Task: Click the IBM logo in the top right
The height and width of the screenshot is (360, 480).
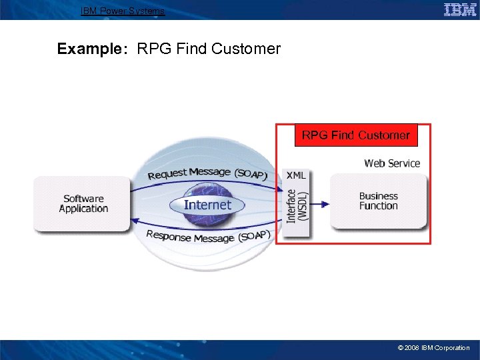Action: pyautogui.click(x=459, y=9)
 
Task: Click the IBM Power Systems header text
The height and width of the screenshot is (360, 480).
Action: pyautogui.click(x=123, y=11)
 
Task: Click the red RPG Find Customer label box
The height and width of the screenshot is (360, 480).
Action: pyautogui.click(x=355, y=135)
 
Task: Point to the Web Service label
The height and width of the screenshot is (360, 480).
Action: pyautogui.click(x=392, y=163)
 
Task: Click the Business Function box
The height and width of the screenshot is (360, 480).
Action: pyautogui.click(x=378, y=201)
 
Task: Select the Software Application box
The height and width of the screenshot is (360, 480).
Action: pyautogui.click(x=83, y=203)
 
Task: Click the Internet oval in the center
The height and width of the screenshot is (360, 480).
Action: pyautogui.click(x=207, y=205)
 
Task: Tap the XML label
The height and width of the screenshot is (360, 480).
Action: pyautogui.click(x=296, y=175)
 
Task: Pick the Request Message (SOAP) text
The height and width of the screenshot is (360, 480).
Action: pyautogui.click(x=207, y=174)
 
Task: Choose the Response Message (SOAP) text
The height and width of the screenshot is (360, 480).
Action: pyautogui.click(x=207, y=235)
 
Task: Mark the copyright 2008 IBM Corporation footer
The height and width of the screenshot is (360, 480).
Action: pyautogui.click(x=433, y=347)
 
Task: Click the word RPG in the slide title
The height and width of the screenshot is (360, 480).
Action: pyautogui.click(x=151, y=49)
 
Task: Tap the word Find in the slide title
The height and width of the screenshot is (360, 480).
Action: pyautogui.click(x=186, y=49)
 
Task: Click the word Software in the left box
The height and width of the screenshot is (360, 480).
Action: pyautogui.click(x=83, y=198)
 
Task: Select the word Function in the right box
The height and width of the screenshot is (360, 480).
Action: pyautogui.click(x=378, y=206)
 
